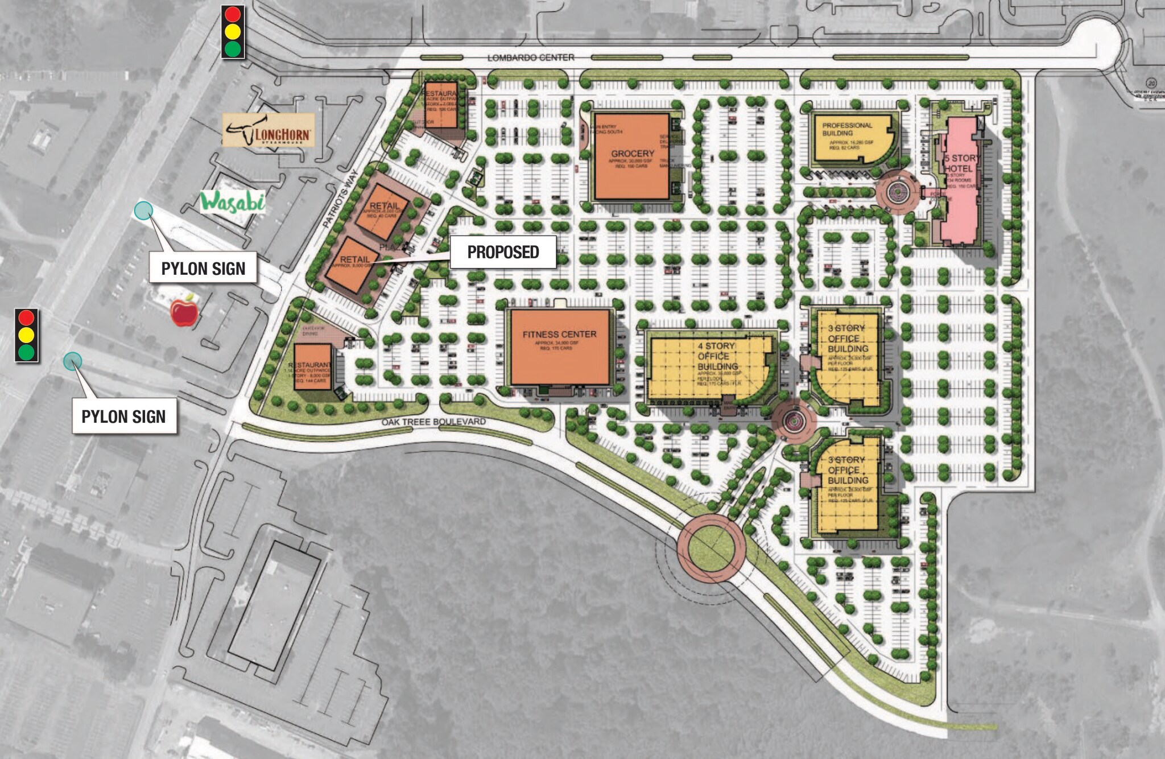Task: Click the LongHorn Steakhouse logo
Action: (268, 130)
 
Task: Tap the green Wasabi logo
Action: (232, 201)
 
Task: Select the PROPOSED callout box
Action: (503, 252)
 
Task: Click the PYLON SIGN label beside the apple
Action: (203, 269)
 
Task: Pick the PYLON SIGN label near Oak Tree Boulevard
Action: (123, 416)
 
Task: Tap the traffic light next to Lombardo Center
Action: (233, 32)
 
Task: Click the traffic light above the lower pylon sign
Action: (26, 335)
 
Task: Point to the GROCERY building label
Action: (632, 154)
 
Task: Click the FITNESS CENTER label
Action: (559, 335)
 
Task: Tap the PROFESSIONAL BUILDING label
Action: (846, 129)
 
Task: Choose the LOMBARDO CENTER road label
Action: (530, 57)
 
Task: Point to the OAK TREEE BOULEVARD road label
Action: (433, 422)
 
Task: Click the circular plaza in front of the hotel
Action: (897, 193)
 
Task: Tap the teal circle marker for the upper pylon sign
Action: (143, 211)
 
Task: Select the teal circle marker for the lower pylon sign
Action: (72, 361)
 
